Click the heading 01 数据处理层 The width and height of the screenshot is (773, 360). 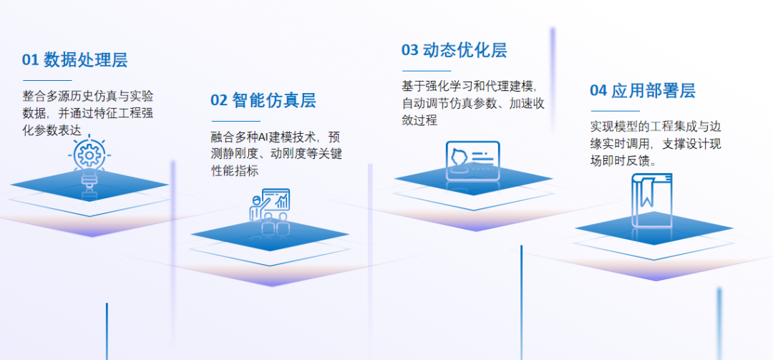[x=74, y=59]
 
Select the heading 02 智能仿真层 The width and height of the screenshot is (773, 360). [x=263, y=100]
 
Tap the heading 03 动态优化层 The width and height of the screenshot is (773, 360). [x=454, y=50]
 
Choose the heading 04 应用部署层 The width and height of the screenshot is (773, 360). [x=642, y=91]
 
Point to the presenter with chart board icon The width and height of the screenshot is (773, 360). [x=269, y=205]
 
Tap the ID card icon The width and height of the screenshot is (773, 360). [x=473, y=160]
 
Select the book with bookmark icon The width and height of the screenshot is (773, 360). [x=652, y=200]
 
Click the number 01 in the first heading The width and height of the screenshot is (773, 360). [x=30, y=60]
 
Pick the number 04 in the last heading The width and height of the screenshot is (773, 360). [x=598, y=91]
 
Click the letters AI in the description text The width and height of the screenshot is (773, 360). [x=263, y=137]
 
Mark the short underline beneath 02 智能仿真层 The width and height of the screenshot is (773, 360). [x=236, y=121]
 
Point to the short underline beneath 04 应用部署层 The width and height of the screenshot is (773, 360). [x=616, y=111]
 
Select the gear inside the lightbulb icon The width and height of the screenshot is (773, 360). [x=89, y=155]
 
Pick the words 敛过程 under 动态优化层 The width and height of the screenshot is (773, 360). [x=419, y=120]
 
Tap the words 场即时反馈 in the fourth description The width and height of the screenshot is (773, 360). [x=620, y=161]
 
